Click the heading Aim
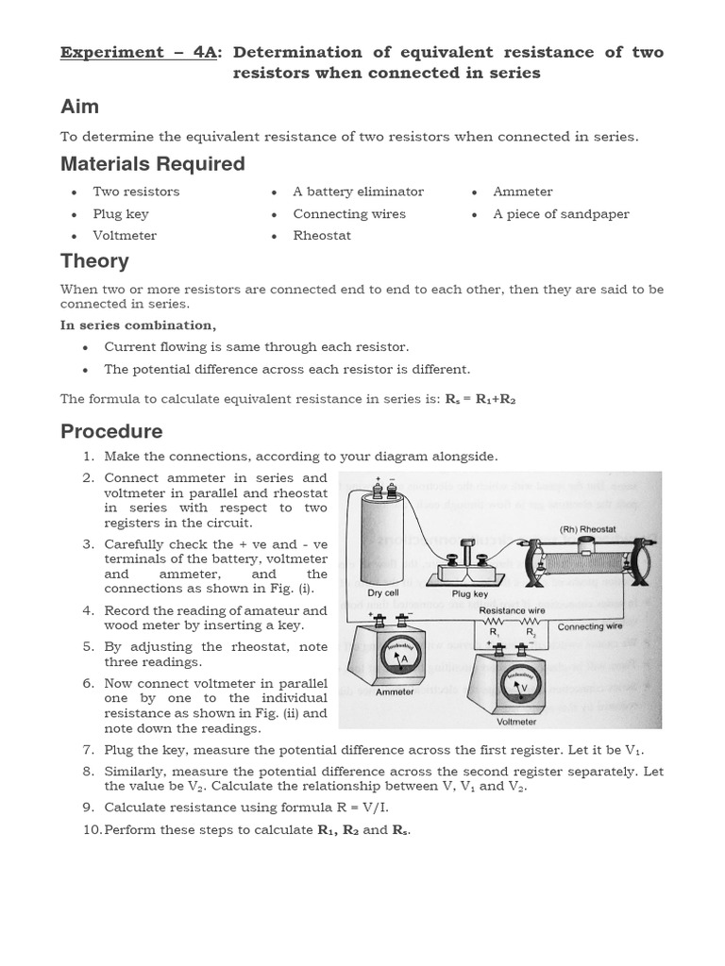point(79,107)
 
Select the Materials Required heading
point(152,164)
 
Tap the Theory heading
point(94,261)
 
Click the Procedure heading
point(111,432)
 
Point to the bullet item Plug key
point(121,214)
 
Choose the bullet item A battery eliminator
point(358,192)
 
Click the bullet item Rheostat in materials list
point(321,236)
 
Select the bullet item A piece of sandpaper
point(561,214)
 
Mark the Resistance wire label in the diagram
point(513,611)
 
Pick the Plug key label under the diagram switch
point(468,594)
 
